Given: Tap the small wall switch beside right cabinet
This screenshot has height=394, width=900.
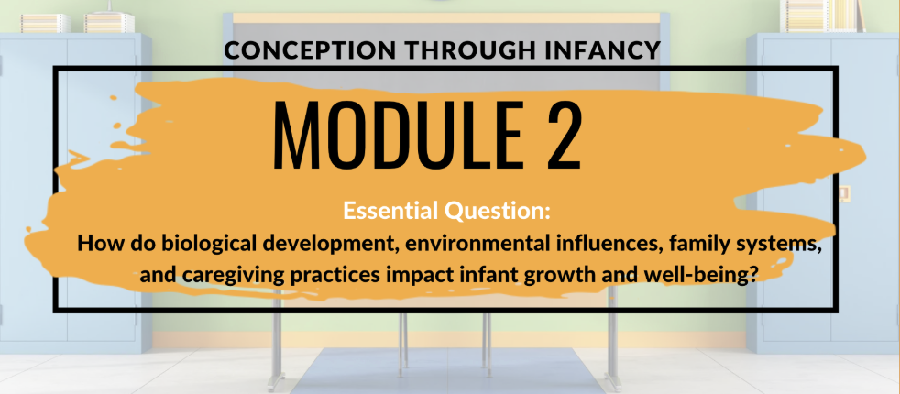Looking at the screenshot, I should tap(844, 192).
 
